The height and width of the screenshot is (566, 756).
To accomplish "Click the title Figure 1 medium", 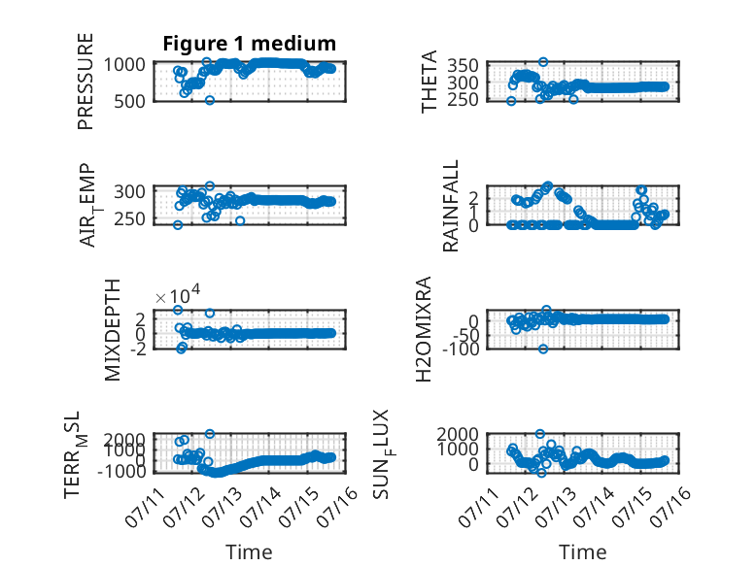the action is point(250,44).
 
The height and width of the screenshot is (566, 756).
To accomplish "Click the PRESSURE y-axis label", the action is point(86,82).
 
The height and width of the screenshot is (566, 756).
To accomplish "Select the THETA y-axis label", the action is point(429,82).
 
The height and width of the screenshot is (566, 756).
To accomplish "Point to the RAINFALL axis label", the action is point(450,206).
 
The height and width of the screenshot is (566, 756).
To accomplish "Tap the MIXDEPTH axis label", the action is point(112,330).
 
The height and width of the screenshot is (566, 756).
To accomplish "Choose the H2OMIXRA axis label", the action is point(424,329).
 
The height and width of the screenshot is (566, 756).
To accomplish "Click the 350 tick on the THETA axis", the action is point(463,65).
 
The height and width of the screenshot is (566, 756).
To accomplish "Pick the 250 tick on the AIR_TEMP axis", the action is point(128,219).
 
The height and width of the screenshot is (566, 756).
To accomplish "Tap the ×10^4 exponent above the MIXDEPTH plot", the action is point(178,294).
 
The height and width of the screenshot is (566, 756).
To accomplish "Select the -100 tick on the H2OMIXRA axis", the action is point(461,349).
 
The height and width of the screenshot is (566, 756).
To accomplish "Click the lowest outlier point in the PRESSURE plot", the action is point(210,100).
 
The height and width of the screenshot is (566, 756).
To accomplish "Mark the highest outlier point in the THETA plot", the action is point(543,62).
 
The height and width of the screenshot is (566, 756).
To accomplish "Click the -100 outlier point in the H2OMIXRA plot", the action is point(543,349).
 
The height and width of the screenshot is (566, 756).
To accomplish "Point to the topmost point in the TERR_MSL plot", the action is point(210,434).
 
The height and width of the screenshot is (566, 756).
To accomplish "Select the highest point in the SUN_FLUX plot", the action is point(540,434).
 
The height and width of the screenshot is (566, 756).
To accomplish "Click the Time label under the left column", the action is point(250,552).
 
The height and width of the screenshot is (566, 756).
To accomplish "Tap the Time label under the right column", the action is point(582,552).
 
